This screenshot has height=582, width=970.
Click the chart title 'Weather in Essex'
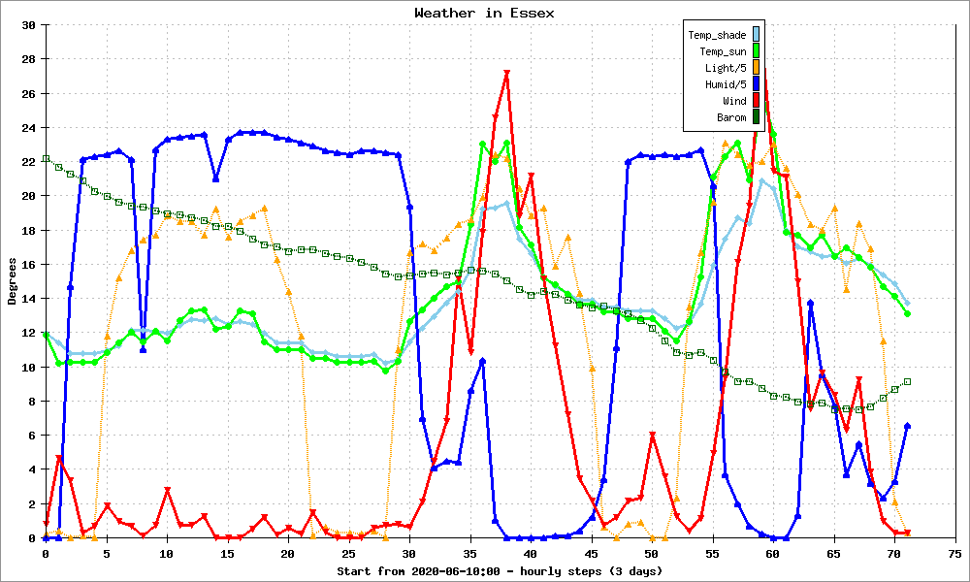[484, 13]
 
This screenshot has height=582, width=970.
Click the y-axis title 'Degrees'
[12, 281]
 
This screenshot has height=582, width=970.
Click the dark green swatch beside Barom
[756, 117]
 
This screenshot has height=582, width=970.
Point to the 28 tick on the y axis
[28, 59]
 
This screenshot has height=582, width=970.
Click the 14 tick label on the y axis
[28, 299]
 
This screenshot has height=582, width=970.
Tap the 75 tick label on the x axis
[954, 554]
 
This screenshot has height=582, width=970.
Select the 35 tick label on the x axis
[470, 554]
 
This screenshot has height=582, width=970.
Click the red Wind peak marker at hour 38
[506, 74]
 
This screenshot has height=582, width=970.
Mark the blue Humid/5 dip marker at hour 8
[143, 349]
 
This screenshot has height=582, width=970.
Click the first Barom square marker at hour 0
[46, 159]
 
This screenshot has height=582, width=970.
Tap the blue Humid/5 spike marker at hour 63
[810, 303]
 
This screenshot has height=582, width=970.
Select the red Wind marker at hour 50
[653, 436]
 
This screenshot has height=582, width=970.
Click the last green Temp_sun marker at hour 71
[908, 313]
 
